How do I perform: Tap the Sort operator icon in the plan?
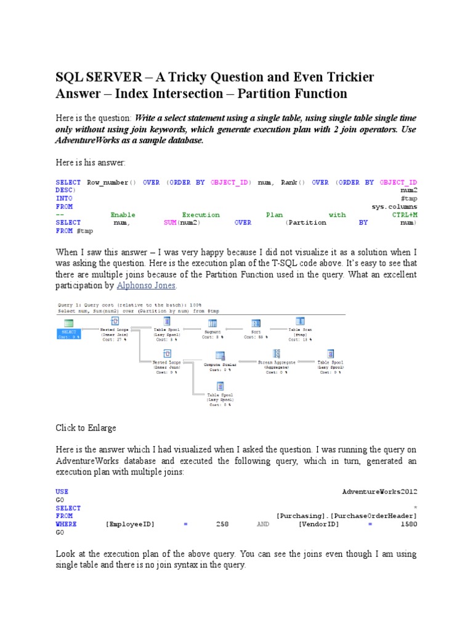click(x=256, y=324)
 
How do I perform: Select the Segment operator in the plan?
click(x=212, y=324)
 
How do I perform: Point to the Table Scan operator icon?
click(x=300, y=322)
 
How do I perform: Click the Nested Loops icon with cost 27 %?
click(x=115, y=322)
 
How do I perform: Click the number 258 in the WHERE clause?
click(x=222, y=525)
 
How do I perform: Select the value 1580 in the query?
click(x=408, y=525)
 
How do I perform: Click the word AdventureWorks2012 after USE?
click(x=379, y=492)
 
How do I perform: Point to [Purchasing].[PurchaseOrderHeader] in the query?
click(x=347, y=516)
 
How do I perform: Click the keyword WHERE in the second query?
click(x=68, y=525)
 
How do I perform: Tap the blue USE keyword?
click(x=62, y=492)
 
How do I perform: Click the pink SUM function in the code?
click(x=170, y=223)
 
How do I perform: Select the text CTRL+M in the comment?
click(x=405, y=215)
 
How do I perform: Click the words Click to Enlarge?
click(x=86, y=428)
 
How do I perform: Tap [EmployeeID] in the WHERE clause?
click(x=130, y=525)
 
